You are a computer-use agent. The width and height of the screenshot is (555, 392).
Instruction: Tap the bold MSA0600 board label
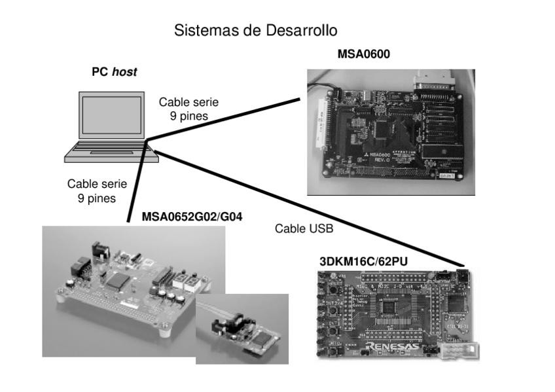(x=363, y=54)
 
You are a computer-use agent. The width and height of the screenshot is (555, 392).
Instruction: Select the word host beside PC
(x=124, y=72)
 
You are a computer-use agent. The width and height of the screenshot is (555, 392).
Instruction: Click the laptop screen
(x=111, y=115)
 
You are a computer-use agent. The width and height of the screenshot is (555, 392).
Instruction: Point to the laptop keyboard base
(x=111, y=152)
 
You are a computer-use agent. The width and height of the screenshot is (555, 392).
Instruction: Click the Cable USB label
(x=304, y=228)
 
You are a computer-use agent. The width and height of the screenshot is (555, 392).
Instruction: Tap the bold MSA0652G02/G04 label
(x=192, y=217)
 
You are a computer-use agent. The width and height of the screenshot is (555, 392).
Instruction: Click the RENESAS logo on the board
(x=393, y=346)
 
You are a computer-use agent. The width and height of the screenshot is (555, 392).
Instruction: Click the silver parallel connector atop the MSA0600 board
(x=436, y=84)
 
